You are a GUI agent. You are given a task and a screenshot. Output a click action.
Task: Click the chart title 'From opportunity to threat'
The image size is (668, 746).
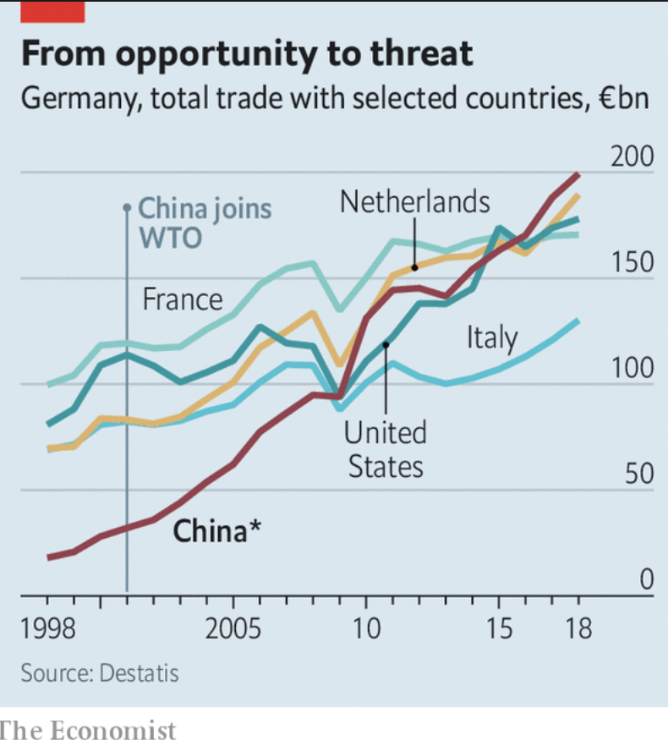(246, 53)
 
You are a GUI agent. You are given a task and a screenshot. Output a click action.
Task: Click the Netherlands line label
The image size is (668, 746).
(414, 201)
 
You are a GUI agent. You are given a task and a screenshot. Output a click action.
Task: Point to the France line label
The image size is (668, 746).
(183, 299)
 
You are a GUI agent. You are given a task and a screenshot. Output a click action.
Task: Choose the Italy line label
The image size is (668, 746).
(491, 337)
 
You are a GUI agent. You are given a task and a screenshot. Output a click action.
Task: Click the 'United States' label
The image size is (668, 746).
(385, 449)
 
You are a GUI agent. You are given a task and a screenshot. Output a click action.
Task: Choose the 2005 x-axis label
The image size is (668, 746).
(233, 630)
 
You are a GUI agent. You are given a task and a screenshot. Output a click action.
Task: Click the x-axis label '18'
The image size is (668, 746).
(578, 630)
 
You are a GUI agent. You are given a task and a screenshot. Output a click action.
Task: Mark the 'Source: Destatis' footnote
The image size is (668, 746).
(100, 673)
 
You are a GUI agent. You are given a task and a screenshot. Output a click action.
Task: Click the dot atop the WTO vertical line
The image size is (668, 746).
(127, 206)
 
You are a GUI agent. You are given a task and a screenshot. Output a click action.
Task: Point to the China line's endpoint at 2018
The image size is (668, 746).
(578, 174)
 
